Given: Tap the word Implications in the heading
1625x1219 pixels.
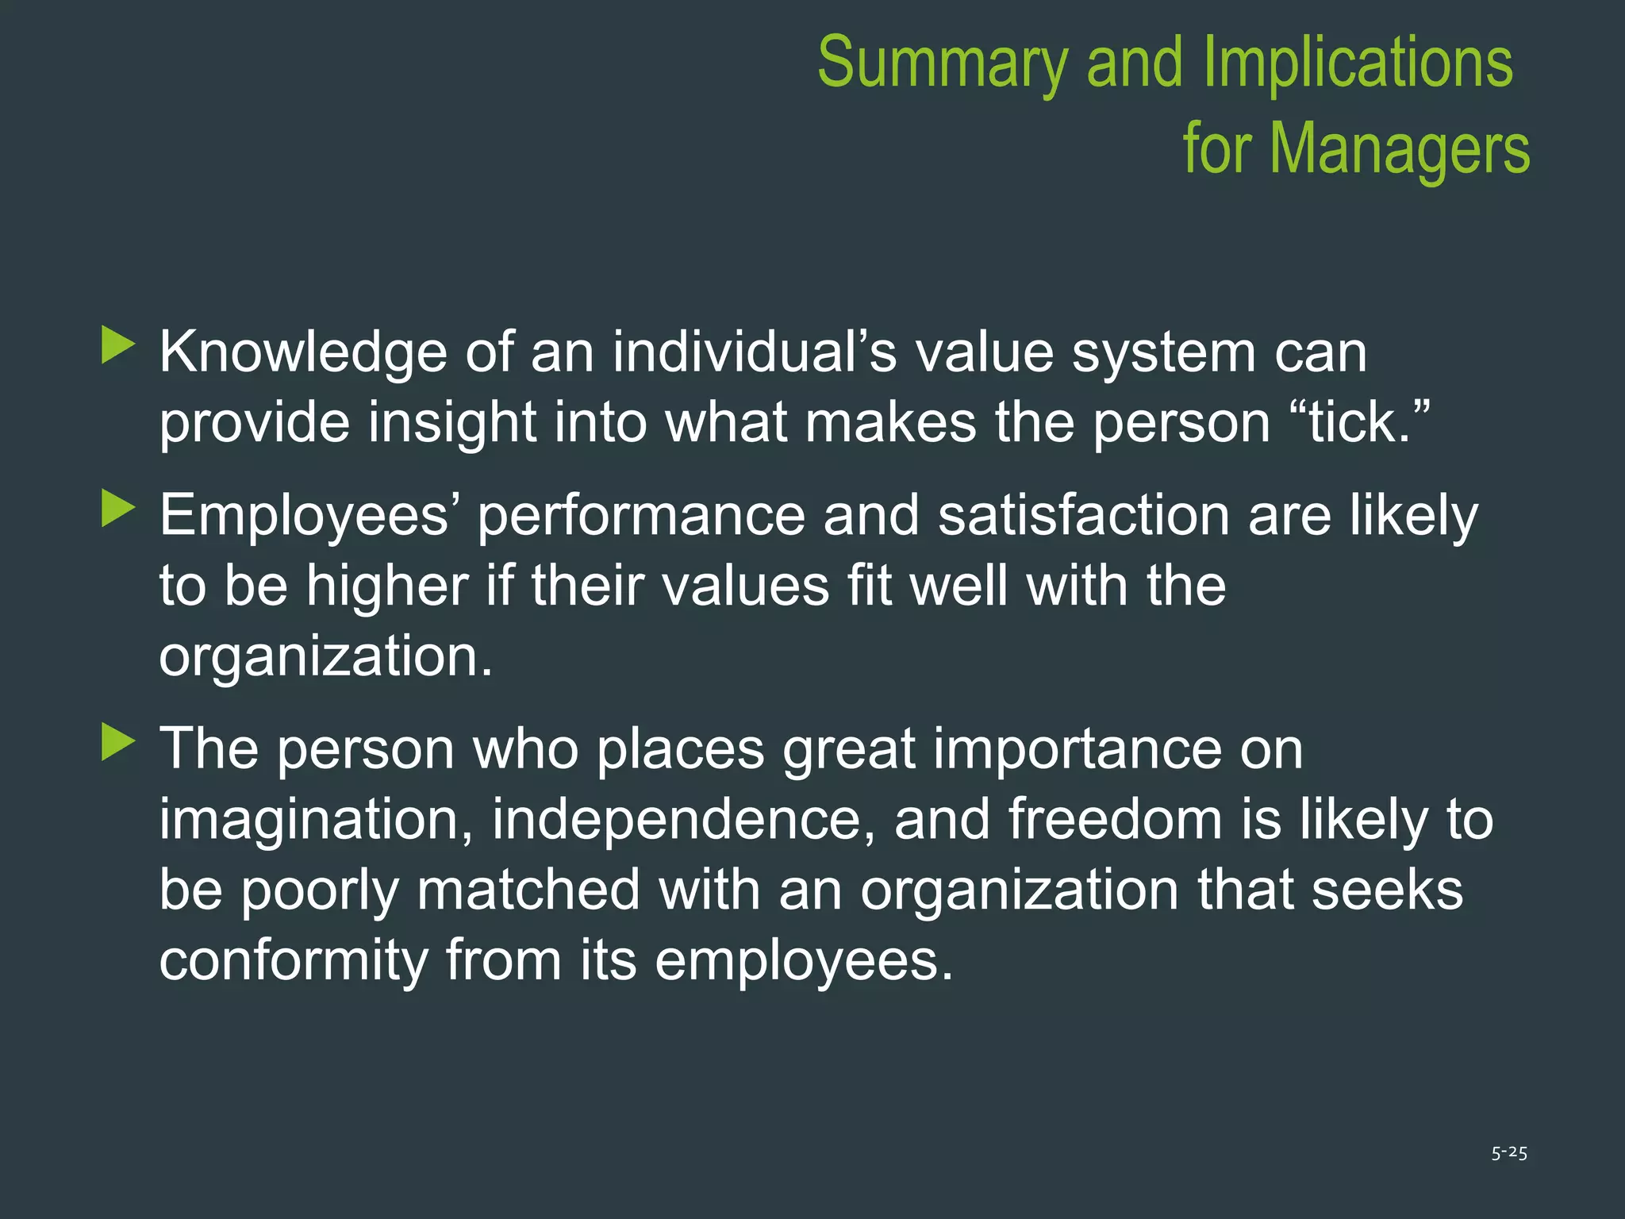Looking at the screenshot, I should point(1358,63).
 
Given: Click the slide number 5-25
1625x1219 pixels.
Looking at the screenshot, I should point(1508,1152).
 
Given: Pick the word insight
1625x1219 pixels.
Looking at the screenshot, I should point(451,422).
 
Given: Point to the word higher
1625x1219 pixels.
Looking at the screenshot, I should point(387,586).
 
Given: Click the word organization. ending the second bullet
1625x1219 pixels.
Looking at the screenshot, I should point(325,657).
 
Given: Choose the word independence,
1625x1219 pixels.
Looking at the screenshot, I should point(683,820).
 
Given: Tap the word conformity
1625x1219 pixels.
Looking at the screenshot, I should point(293,961).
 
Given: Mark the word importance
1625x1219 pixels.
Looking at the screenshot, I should point(1117,749).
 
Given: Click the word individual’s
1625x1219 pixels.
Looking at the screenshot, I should point(754,352).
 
